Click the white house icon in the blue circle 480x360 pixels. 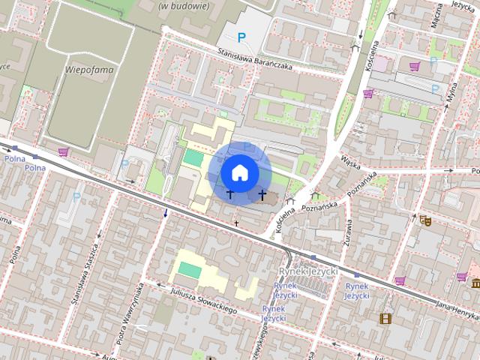click(239, 172)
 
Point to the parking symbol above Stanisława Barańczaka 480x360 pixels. click(241, 37)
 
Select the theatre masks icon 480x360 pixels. click(424, 220)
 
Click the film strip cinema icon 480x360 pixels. click(385, 319)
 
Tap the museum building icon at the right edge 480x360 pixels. click(475, 283)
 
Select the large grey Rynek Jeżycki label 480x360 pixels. click(308, 270)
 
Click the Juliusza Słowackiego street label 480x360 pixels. click(203, 300)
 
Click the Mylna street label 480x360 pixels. click(450, 94)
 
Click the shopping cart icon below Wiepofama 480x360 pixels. click(64, 151)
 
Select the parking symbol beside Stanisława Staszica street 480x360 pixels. click(76, 197)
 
